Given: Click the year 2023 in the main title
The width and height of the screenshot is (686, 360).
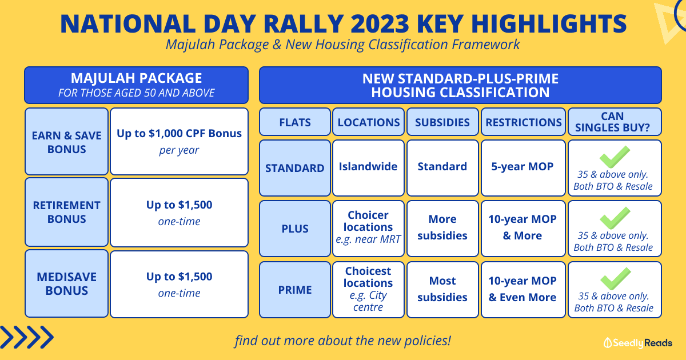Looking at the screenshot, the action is pos(380,24).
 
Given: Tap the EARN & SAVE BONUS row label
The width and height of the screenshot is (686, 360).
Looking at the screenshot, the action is pos(66,142).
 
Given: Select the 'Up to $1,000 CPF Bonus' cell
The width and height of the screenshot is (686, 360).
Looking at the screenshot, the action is pos(179,142).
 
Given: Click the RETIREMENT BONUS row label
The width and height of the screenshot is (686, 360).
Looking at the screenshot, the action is pos(66,212).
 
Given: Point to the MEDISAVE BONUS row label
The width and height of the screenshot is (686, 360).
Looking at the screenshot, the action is pos(66,284).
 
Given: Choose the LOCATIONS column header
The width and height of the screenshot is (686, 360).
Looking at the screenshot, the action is pos(368,122).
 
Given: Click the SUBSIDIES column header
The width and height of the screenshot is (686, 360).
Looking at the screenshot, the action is pos(442,122).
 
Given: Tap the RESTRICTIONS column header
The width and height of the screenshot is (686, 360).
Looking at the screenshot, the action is pos(524,122).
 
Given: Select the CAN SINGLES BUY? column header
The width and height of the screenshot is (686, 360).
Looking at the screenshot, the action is pos(615,122).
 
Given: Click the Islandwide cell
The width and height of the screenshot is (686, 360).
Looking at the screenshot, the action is pos(368,168).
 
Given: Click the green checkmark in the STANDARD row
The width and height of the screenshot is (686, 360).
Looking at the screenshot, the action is pos(615,157).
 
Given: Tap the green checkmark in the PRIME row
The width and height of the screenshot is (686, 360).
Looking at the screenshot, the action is pos(615,279).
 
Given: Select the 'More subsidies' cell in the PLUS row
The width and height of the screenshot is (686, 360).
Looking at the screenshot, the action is pos(442,229).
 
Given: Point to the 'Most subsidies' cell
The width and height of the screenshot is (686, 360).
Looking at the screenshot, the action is pos(442,290).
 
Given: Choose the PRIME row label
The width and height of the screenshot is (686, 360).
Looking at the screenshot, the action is pos(295,290).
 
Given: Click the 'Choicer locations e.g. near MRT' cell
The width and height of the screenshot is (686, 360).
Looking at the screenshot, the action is pos(368,229).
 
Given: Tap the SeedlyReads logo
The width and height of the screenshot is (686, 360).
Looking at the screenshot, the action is pos(638,343).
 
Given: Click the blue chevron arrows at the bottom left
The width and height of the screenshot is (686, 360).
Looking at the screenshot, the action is pos(27,337).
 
